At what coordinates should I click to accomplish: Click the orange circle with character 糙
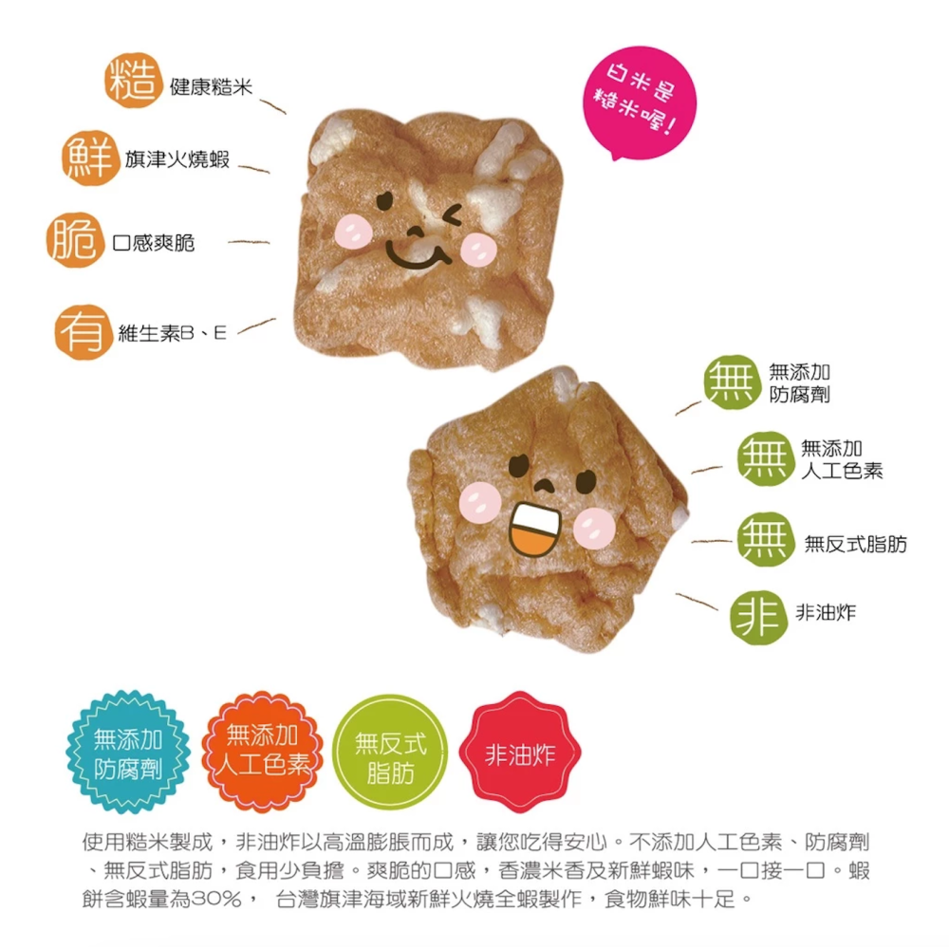point(133,81)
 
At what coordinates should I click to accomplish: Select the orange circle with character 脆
point(75,240)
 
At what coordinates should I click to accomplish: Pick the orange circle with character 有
point(84,332)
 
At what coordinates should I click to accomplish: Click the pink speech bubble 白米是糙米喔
point(639,102)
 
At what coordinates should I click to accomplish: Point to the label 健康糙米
point(211,87)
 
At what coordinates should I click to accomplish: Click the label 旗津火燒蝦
point(177,159)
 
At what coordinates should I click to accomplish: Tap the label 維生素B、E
point(173,333)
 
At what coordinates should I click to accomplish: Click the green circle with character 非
point(758,618)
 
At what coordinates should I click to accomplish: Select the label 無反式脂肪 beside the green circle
point(855,544)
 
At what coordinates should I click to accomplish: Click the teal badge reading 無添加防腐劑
point(128,752)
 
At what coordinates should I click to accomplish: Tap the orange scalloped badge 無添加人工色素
point(263,752)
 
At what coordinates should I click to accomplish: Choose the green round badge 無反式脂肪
point(390,753)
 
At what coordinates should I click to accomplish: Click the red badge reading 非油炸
point(520,753)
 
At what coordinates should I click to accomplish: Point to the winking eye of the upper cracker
point(452,214)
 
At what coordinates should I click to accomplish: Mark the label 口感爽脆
point(154,243)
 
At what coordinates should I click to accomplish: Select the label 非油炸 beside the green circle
point(826,612)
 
